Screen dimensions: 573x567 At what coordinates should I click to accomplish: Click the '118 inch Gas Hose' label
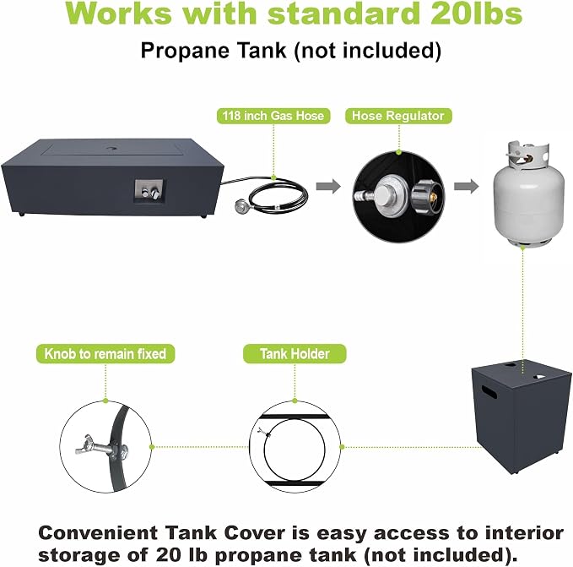(x=273, y=116)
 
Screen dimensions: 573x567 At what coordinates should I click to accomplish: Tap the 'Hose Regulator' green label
(x=398, y=116)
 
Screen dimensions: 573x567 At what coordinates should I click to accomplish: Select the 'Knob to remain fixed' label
(x=105, y=354)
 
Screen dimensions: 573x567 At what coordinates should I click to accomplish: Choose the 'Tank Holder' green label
(x=295, y=354)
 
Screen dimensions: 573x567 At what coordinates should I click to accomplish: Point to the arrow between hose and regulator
(x=328, y=186)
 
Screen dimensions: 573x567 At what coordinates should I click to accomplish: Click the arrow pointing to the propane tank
(x=467, y=186)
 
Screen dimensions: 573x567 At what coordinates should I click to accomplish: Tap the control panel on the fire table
(x=149, y=191)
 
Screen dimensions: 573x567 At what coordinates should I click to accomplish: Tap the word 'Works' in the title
(x=119, y=14)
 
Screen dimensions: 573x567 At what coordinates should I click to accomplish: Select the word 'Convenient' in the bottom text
(x=98, y=532)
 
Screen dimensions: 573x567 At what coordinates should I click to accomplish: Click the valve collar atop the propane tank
(x=527, y=155)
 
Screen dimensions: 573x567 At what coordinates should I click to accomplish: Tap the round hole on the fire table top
(x=112, y=148)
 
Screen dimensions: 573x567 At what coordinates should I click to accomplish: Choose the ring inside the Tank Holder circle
(x=265, y=448)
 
